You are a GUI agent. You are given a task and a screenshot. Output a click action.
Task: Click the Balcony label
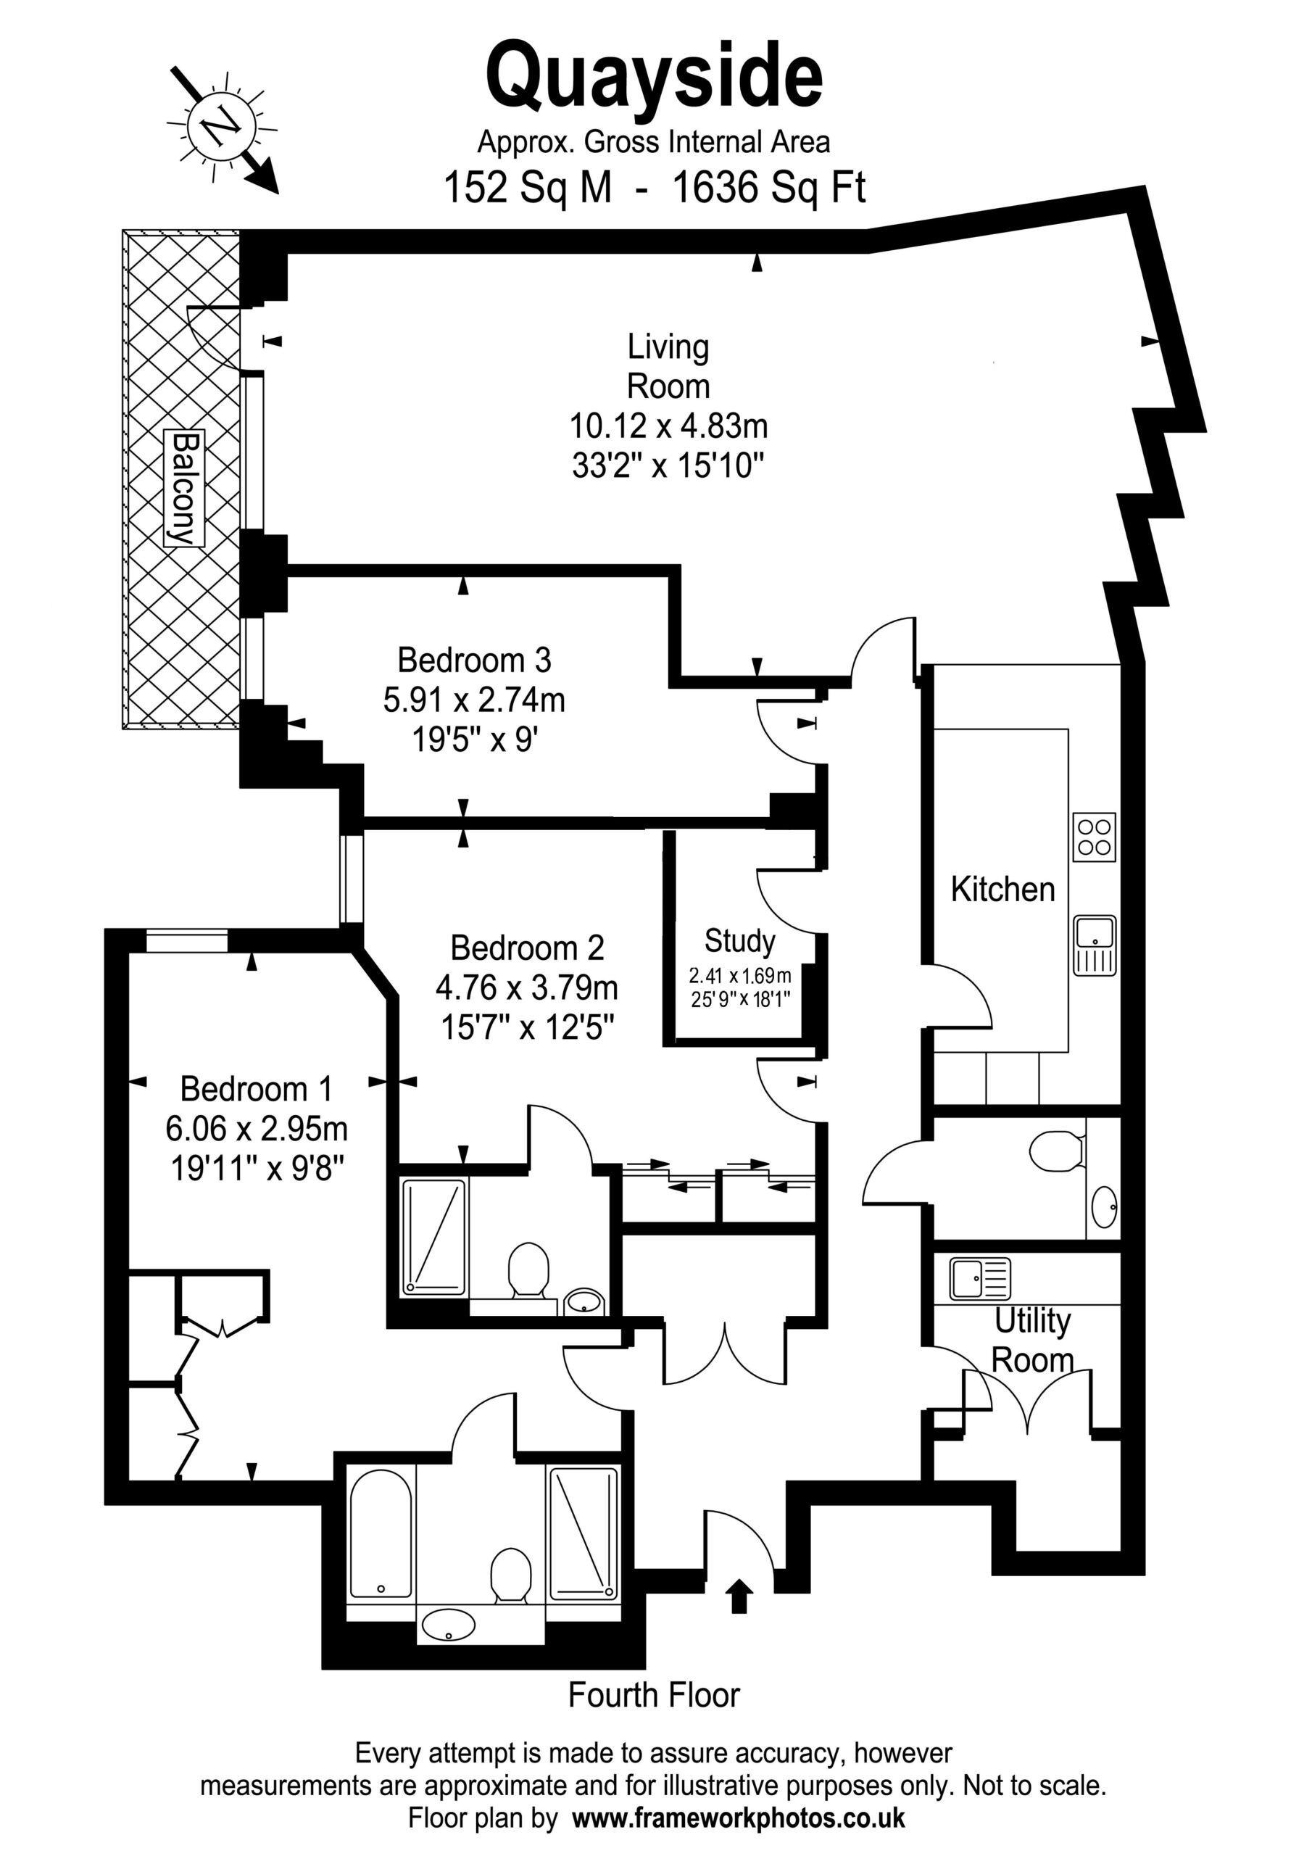(184, 488)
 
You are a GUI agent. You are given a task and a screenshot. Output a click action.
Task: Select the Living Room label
(668, 366)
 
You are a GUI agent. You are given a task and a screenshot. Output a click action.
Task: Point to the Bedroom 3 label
(475, 660)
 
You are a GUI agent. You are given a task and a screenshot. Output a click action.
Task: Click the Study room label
(739, 941)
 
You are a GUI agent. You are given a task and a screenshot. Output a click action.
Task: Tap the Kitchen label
(1002, 889)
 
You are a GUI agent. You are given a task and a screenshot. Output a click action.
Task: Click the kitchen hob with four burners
(1095, 837)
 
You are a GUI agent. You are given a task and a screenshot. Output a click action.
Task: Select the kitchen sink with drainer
(1095, 946)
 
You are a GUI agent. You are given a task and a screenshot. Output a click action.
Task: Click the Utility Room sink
(980, 1279)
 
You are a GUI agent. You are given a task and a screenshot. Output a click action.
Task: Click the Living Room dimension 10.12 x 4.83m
(668, 425)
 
